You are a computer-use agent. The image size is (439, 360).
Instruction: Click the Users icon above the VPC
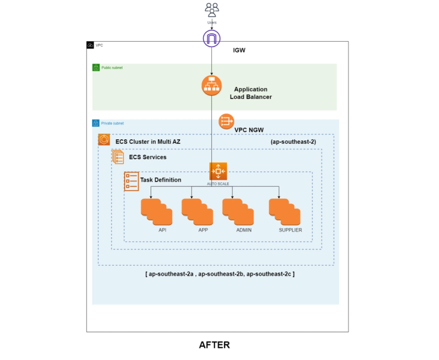point(212,10)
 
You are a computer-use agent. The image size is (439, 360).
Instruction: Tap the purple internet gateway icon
point(212,38)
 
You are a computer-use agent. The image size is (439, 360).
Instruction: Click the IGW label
point(239,50)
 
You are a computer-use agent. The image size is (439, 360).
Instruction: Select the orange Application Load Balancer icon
point(212,86)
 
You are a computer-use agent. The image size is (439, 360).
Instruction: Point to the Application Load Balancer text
point(251,93)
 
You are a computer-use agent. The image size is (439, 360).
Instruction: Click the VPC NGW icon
point(226,121)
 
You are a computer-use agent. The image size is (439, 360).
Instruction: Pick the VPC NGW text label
point(249,130)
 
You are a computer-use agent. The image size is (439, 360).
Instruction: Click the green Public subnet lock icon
point(96,67)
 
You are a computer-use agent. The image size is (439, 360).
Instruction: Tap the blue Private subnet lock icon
point(95,123)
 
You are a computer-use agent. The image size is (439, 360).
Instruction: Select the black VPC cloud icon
point(90,45)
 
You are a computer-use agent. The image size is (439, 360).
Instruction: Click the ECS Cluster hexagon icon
point(104,139)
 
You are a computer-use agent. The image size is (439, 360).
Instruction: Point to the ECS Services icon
point(118,157)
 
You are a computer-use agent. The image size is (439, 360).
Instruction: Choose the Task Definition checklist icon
point(131,182)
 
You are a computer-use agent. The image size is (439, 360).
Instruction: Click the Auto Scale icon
point(218,171)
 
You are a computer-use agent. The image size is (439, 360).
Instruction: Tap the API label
point(162,230)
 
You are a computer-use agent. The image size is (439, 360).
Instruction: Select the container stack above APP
point(198,212)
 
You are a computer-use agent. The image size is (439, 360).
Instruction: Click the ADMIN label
point(244,230)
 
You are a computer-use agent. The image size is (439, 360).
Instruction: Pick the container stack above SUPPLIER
point(285,212)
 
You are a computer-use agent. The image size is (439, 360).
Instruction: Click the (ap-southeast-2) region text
point(293,142)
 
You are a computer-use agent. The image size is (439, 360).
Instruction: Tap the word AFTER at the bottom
point(215,345)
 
